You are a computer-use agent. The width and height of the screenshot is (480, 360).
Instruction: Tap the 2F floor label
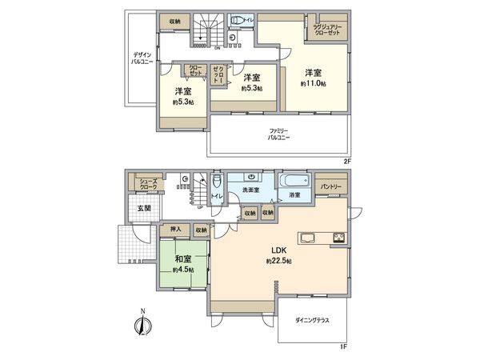coord(346,160)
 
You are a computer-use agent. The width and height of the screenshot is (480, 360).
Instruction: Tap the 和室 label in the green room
coord(182,259)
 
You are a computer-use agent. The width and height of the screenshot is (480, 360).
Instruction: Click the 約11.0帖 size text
coord(314,83)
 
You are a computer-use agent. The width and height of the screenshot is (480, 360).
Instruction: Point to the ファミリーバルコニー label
coord(278,134)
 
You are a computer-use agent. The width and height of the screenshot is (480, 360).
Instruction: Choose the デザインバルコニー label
coord(143,58)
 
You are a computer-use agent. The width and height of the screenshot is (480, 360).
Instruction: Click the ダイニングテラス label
coord(310,320)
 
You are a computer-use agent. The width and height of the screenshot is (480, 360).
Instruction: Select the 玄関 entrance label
coord(142,210)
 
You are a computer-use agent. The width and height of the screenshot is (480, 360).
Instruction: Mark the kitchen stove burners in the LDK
coord(338,237)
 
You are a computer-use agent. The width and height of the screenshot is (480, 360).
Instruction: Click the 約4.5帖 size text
coord(182,270)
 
